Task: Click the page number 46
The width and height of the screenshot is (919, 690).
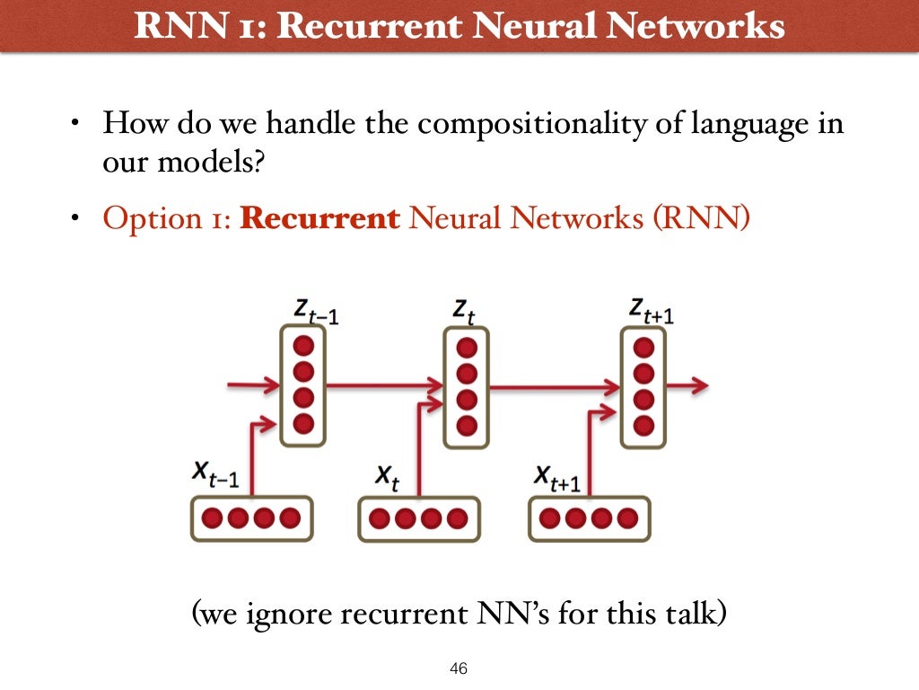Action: pos(459,669)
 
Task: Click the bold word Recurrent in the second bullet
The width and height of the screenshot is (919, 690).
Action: pos(320,219)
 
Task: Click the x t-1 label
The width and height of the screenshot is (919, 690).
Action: pos(215,473)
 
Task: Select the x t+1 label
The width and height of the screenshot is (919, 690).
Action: pos(557,476)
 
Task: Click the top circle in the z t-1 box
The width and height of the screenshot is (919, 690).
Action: pos(303,345)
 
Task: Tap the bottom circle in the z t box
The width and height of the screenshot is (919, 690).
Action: pos(468,423)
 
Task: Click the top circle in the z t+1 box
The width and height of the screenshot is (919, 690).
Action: pos(643,345)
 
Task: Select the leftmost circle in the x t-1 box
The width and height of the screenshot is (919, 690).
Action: pos(213,518)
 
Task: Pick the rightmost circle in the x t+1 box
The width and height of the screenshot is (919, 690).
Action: pos(627,518)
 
